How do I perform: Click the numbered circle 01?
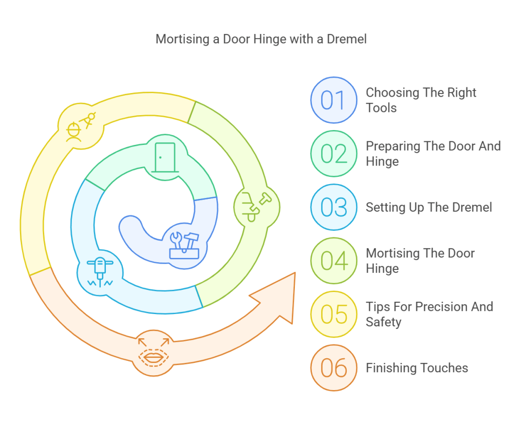pos(333,100)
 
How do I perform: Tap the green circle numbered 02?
pos(333,154)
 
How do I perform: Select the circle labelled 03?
pos(333,207)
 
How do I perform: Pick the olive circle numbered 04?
pos(333,261)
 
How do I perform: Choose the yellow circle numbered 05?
pos(333,314)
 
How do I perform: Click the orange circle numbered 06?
pos(333,368)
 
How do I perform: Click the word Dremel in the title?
pos(347,39)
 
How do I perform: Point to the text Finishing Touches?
pos(417,368)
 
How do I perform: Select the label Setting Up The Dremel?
pos(428,207)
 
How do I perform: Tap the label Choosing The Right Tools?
pos(421,100)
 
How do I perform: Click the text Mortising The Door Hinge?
pos(420,261)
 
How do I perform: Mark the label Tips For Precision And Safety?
pos(429,314)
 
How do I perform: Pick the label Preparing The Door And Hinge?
pos(433,154)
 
